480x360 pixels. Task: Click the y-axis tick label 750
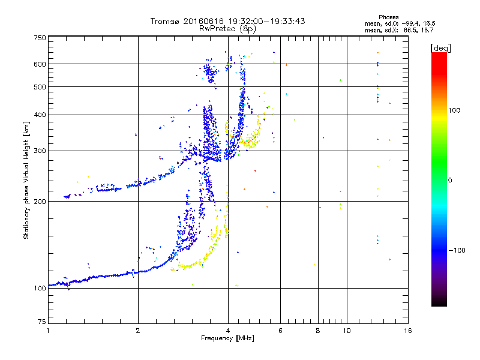point(40,38)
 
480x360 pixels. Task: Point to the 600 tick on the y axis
point(40,64)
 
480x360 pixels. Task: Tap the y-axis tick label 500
point(40,87)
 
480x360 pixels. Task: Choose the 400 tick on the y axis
point(40,115)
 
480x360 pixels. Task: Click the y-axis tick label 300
point(40,151)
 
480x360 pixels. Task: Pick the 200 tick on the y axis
point(40,201)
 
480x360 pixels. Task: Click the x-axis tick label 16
point(408,331)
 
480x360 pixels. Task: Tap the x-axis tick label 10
point(346,331)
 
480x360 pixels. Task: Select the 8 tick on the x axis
point(318,331)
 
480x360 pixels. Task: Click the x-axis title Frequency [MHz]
point(227,339)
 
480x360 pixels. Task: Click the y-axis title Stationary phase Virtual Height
point(26,180)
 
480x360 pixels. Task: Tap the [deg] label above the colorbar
point(440,47)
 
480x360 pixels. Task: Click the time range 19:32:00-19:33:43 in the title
point(264,21)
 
